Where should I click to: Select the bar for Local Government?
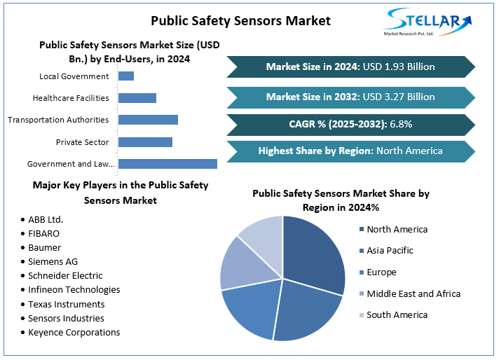tap(126, 76)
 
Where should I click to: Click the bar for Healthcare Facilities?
tap(137, 98)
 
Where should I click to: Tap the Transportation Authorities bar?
tap(148, 120)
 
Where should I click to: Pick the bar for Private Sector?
tap(145, 142)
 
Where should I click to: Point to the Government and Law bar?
tap(168, 164)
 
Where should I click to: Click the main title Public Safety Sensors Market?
tap(240, 20)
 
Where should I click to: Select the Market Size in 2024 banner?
tap(350, 67)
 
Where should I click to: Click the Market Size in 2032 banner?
tap(350, 97)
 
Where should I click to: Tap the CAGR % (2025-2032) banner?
tap(350, 124)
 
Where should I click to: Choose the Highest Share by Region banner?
tap(350, 151)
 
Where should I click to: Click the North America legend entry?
tap(397, 229)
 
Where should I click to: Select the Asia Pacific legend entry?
tap(390, 250)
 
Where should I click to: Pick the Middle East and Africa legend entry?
tap(413, 293)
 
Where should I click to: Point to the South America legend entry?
tap(397, 314)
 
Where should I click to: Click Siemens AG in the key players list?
tap(53, 261)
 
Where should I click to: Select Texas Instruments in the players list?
tap(67, 304)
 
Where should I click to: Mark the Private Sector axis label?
tap(82, 142)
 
